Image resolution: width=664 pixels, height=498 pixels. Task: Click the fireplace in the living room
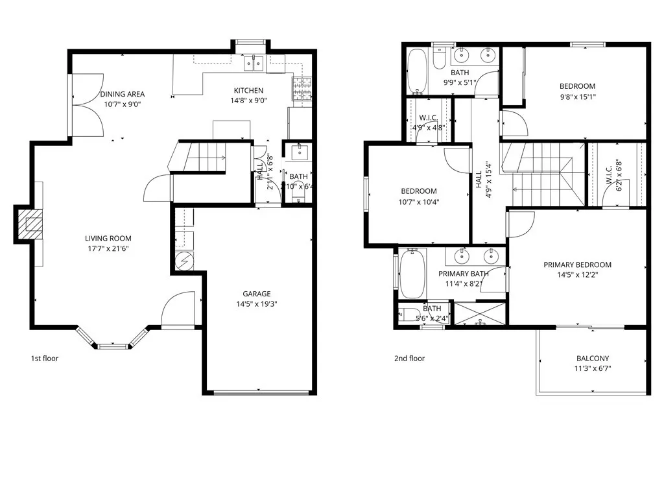click(29, 224)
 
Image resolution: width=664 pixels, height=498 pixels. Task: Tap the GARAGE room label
click(257, 294)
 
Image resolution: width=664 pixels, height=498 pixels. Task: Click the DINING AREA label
click(123, 94)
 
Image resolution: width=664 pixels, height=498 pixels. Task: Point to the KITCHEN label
click(249, 90)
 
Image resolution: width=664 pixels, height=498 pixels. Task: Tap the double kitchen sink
click(254, 62)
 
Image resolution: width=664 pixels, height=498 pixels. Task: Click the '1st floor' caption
click(45, 358)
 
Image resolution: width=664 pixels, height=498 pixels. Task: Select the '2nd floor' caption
click(410, 358)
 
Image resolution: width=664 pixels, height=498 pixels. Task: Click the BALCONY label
click(593, 358)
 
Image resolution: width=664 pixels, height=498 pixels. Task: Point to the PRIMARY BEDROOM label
click(577, 265)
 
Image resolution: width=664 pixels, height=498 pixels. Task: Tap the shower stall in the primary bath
click(480, 313)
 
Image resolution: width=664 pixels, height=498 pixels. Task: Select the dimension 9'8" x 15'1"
click(577, 97)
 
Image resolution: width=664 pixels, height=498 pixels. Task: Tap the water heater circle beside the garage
click(183, 261)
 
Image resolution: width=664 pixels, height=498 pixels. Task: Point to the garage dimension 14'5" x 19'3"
click(257, 304)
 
